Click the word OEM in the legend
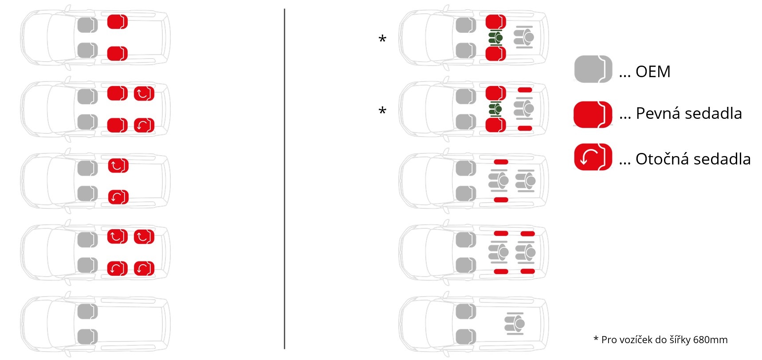tap(653, 71)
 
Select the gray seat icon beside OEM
tap(593, 69)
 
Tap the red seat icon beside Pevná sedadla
tap(593, 114)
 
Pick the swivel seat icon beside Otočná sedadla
tap(593, 157)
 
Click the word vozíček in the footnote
tap(636, 340)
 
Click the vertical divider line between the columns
tap(284, 179)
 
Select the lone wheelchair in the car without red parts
tap(515, 324)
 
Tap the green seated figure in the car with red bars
tap(495, 109)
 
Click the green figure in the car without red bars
tap(495, 38)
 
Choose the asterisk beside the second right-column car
tap(382, 111)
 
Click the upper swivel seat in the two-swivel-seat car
tap(118, 165)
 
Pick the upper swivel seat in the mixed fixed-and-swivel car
tap(144, 94)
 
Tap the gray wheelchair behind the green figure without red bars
tap(524, 37)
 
